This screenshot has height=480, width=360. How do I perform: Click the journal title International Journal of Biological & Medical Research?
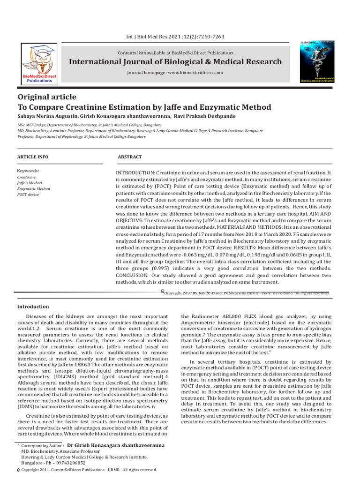pos(176,62)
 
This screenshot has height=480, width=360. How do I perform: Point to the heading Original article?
pos(46,97)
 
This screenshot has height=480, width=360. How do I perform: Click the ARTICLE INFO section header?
pos(32,157)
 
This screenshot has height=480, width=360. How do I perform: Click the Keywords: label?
pos(28,171)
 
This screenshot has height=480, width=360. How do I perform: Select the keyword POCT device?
pos(28,194)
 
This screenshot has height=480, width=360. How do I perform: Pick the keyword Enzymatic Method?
pos(33,188)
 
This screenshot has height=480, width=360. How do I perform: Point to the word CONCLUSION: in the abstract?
pos(134,276)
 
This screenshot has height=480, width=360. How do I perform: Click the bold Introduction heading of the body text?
pos(33,307)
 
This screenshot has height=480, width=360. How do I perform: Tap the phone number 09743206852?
pos(69,462)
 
